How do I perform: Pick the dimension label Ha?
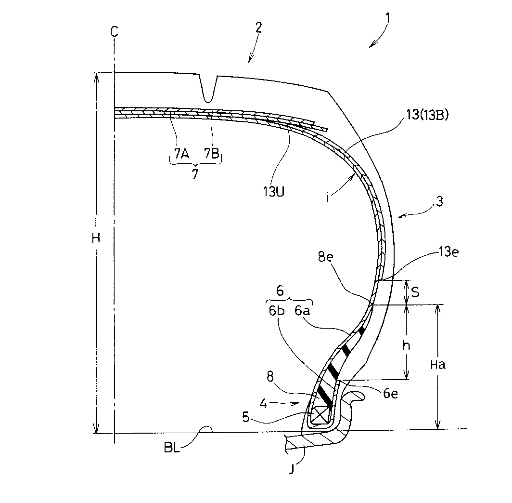pyautogui.click(x=438, y=364)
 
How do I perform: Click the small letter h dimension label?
pyautogui.click(x=407, y=346)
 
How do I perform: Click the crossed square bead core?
pyautogui.click(x=320, y=415)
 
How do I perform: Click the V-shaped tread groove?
pyautogui.click(x=208, y=90)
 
